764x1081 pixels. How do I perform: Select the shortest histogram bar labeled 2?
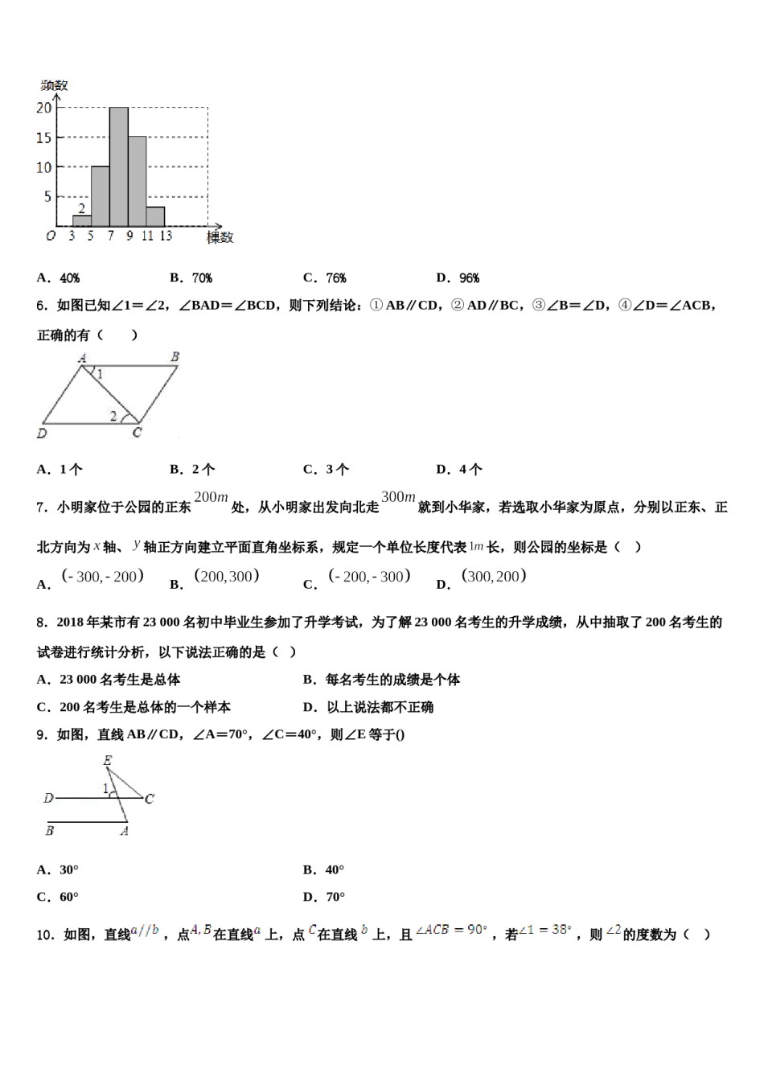[81, 220]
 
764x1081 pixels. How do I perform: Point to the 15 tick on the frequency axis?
[43, 138]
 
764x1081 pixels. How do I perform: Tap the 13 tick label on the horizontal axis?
[166, 236]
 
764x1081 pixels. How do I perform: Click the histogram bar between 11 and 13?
[155, 216]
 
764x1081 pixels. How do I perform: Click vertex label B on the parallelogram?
[175, 356]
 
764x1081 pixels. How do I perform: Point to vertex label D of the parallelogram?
[42, 434]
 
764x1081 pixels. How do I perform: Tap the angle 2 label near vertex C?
[113, 415]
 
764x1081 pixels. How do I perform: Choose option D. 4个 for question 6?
[459, 469]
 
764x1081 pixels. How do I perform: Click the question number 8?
[41, 622]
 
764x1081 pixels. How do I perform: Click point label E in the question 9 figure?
[108, 760]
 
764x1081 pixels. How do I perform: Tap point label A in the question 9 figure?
[124, 831]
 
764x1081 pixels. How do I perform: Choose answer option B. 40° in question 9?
[323, 869]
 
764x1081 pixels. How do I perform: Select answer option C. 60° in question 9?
[58, 897]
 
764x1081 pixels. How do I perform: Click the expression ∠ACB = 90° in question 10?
[451, 931]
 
